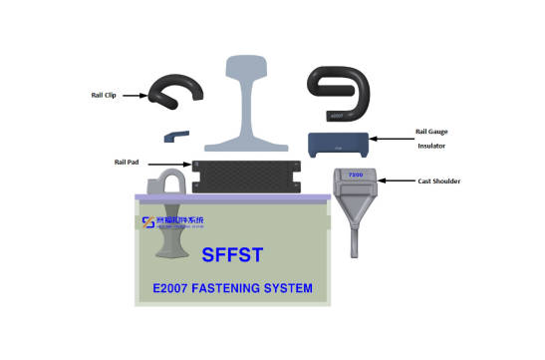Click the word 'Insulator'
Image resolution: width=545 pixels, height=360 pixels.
[x=430, y=146]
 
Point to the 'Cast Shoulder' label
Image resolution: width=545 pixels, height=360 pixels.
[x=440, y=181]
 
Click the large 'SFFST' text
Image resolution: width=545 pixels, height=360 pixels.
[x=232, y=254]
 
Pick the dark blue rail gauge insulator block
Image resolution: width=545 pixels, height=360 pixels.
[x=338, y=145]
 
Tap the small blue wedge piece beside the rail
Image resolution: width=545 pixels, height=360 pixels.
[x=175, y=133]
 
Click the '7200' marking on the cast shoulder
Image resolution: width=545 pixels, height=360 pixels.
[x=355, y=175]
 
